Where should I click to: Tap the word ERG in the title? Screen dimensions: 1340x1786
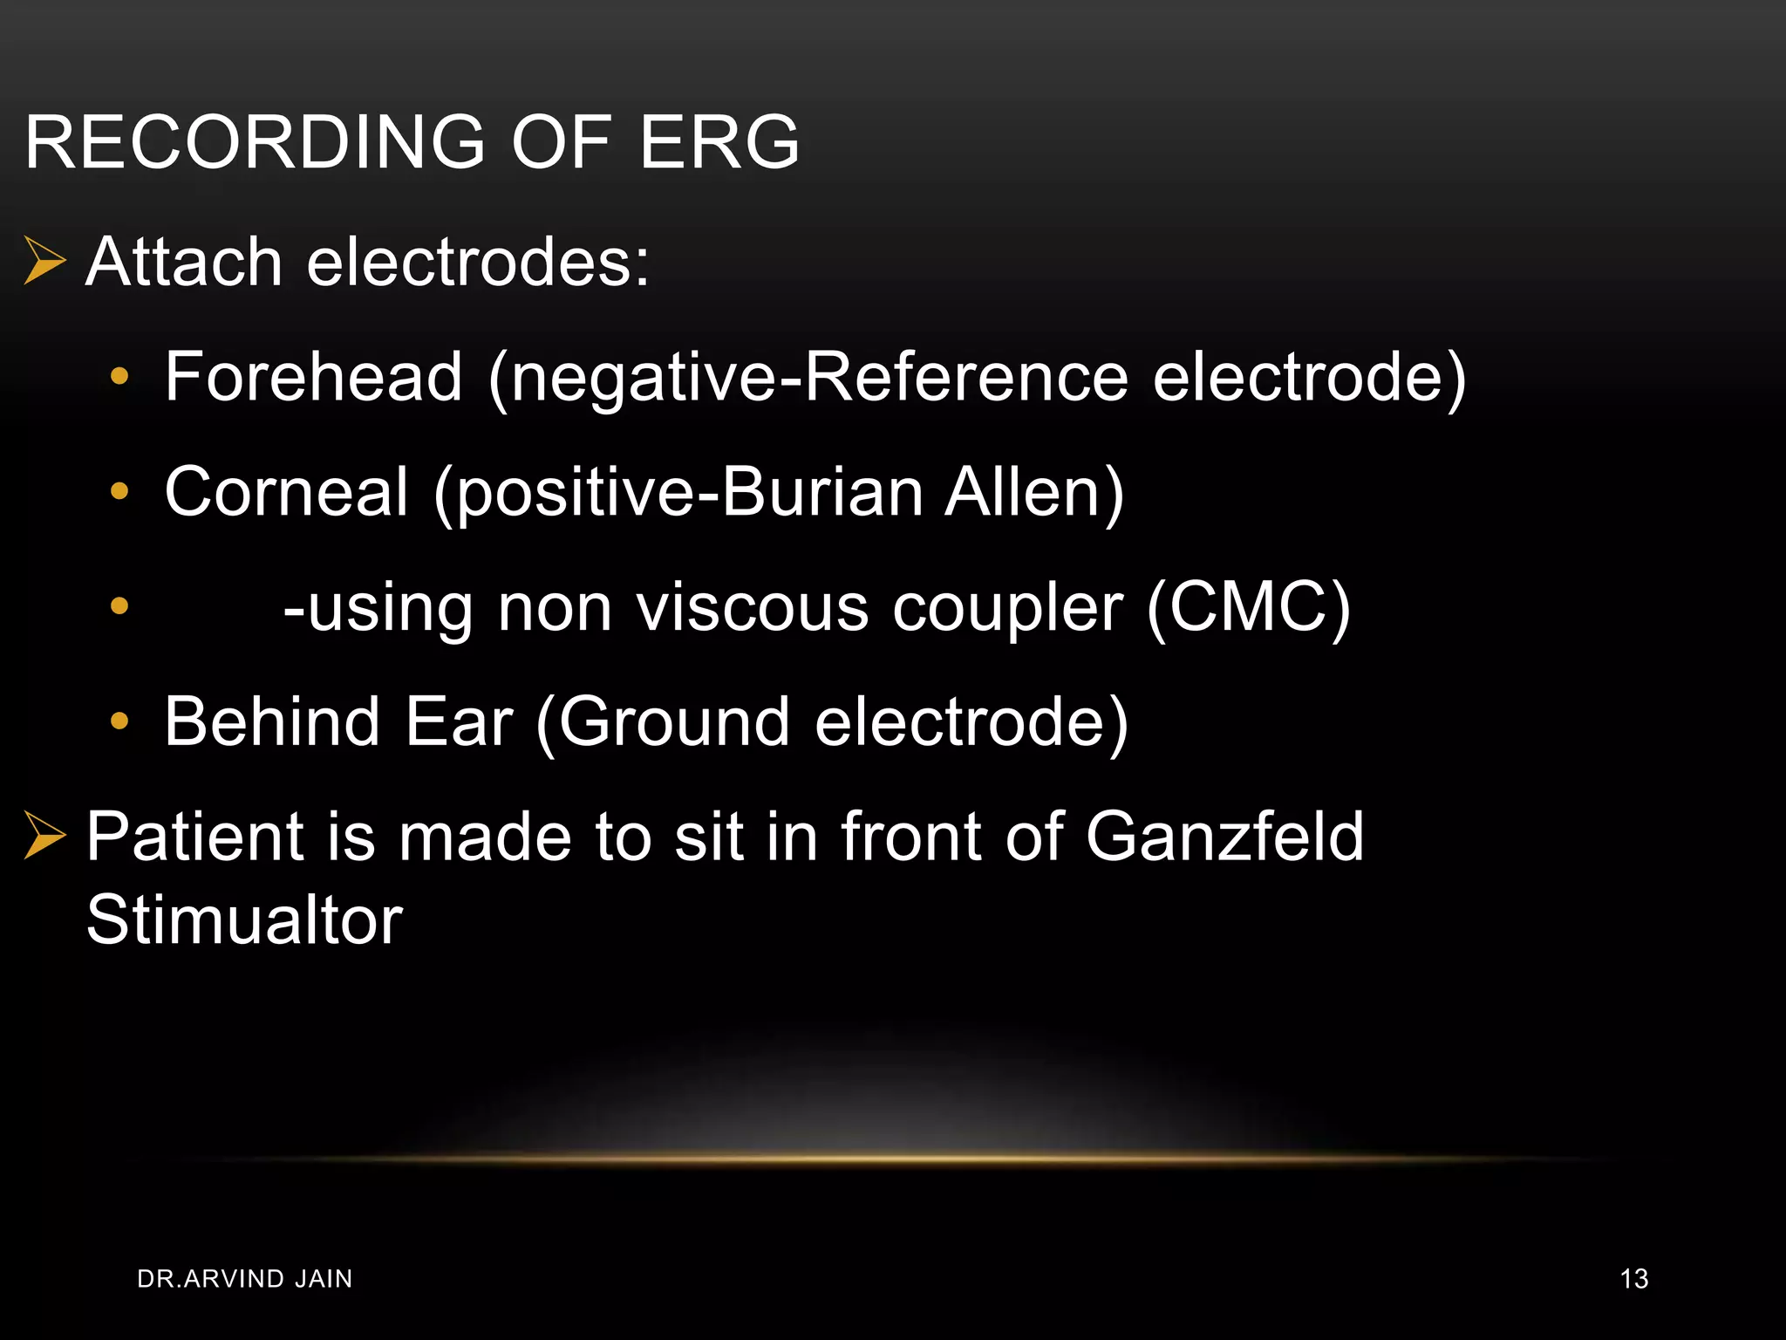(x=719, y=141)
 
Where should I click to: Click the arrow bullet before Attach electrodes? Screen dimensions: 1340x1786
(x=44, y=261)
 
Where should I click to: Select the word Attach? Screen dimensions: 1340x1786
(x=184, y=261)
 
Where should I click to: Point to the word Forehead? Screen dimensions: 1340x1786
(x=313, y=376)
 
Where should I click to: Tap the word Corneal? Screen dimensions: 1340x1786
(x=286, y=491)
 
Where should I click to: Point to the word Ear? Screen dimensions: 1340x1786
(x=459, y=721)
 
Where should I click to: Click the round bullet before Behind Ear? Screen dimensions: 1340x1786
(x=119, y=721)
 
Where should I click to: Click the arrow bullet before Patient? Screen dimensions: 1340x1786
(x=44, y=836)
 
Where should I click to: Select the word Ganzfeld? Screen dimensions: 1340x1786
(x=1224, y=836)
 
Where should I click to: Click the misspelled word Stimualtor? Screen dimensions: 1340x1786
(x=244, y=920)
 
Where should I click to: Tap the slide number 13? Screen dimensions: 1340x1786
(x=1633, y=1279)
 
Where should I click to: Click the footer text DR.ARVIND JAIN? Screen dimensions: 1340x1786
(x=245, y=1279)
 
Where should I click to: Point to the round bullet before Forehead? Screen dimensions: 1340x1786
(x=119, y=377)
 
